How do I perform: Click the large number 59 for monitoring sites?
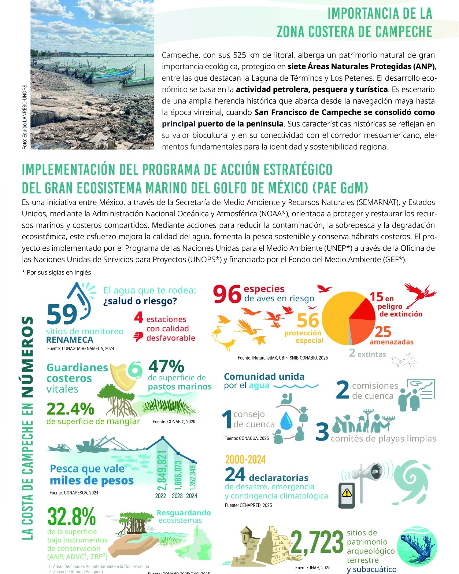coord(62,314)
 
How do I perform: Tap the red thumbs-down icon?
coord(138,336)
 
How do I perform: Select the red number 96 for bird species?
coord(227,294)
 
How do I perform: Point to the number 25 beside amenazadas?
coord(383,332)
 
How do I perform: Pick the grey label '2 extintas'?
coord(367,354)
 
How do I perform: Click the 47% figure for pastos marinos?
coord(166,366)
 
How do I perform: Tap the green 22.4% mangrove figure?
coord(70,409)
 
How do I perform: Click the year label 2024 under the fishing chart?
coord(192,496)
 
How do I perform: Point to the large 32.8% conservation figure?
coord(71,517)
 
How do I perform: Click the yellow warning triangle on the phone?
coord(346,492)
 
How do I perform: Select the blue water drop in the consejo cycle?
coord(286,421)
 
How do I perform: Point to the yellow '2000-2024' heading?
coord(245,460)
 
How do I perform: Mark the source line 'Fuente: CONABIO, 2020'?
coord(174,422)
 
